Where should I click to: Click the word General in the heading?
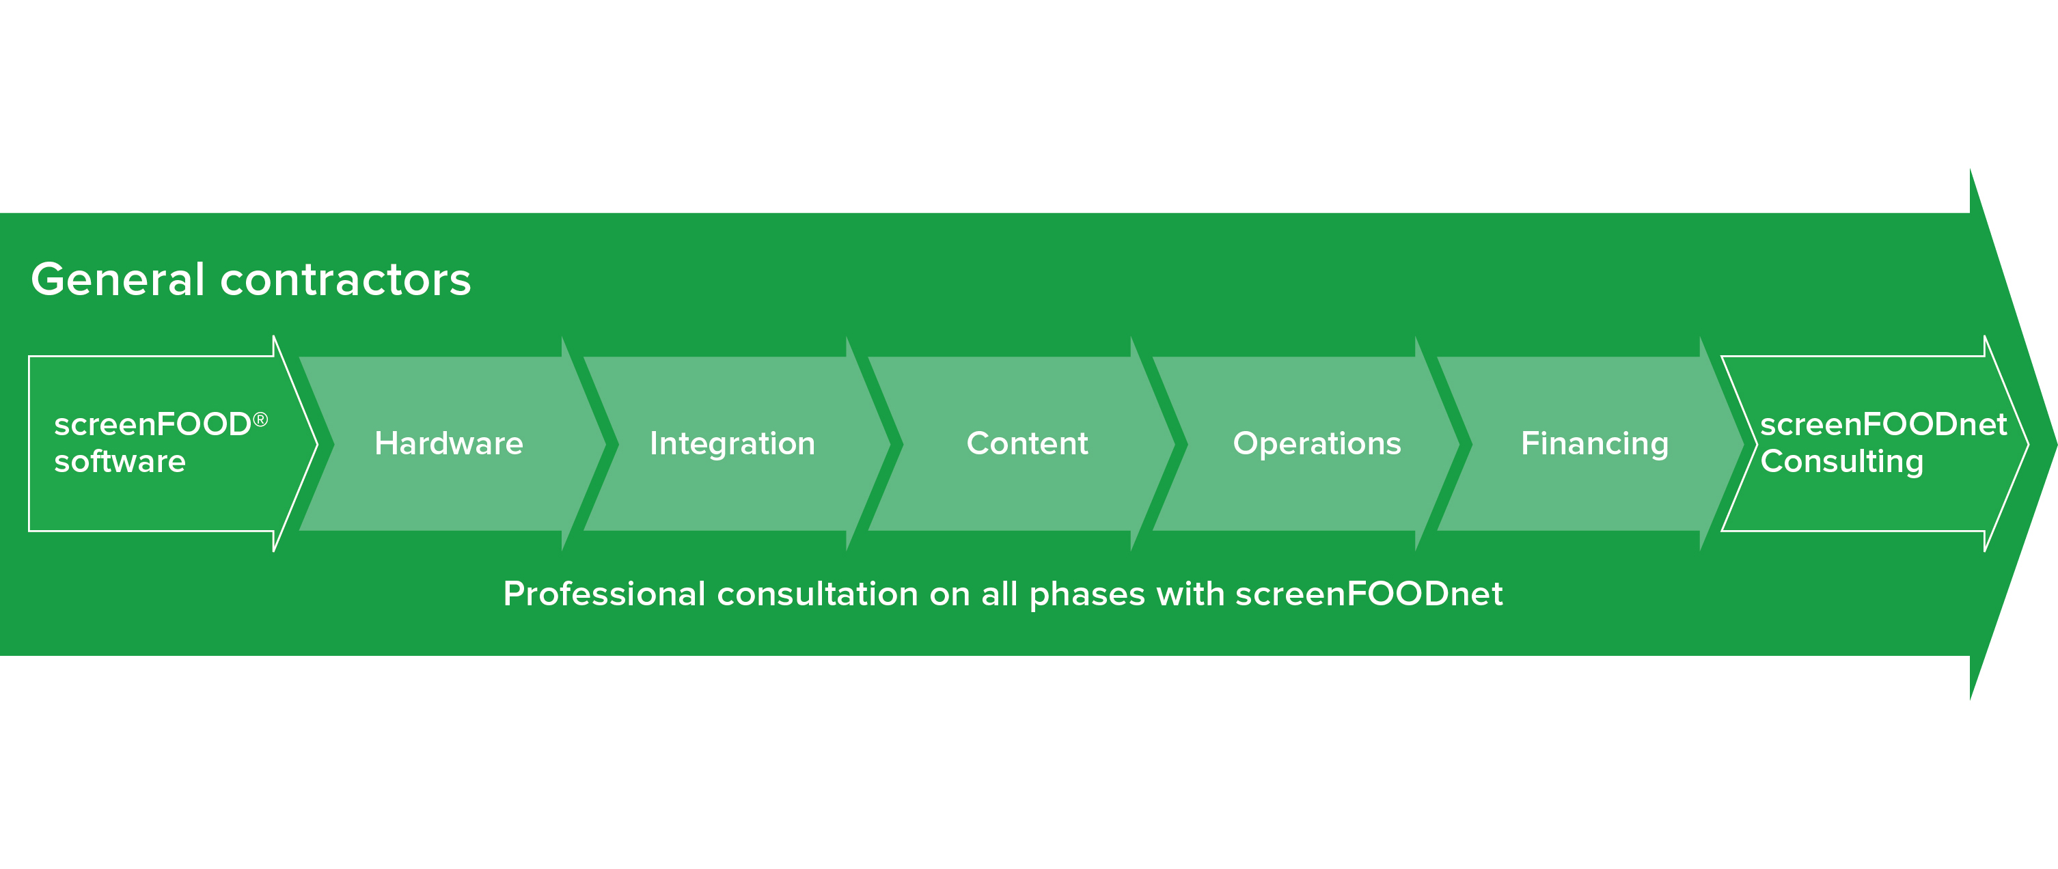click(118, 279)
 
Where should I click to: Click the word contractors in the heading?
click(346, 280)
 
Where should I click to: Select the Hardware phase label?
click(449, 443)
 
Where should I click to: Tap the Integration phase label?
click(732, 443)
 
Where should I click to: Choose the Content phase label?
click(1028, 443)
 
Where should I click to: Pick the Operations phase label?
click(1317, 444)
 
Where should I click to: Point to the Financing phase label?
click(1595, 444)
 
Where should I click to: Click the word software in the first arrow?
click(120, 462)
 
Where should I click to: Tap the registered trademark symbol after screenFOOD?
click(260, 419)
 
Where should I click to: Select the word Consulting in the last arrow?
click(1842, 462)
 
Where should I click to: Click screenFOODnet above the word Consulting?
click(1884, 424)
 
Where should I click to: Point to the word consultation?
click(818, 594)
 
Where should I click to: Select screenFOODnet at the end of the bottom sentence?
click(1369, 594)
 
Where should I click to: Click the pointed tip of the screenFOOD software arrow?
click(317, 444)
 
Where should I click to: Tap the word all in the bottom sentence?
click(1000, 594)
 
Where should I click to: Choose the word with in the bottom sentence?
click(1190, 594)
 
